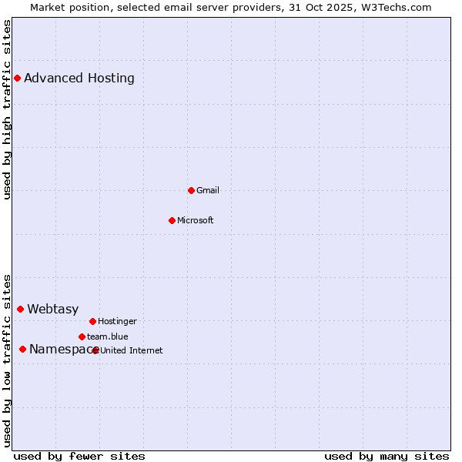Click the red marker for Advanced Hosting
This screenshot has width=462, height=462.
pyautogui.click(x=17, y=78)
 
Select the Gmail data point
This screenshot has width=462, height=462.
pyautogui.click(x=191, y=190)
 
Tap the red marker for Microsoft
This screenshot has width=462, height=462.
pyautogui.click(x=172, y=220)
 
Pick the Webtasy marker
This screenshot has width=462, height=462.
pyautogui.click(x=20, y=309)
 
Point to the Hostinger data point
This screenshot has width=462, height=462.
pyautogui.click(x=92, y=321)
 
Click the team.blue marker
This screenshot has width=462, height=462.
pyautogui.click(x=82, y=336)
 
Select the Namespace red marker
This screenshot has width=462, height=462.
pyautogui.click(x=22, y=349)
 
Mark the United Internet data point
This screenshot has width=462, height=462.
pyautogui.click(x=95, y=350)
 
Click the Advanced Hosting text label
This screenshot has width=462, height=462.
pyautogui.click(x=79, y=78)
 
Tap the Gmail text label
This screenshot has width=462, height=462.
pyautogui.click(x=208, y=190)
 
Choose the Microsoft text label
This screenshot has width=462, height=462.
pyautogui.click(x=196, y=220)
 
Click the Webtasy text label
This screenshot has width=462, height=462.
pyautogui.click(x=53, y=309)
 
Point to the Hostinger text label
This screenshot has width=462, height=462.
pyautogui.click(x=117, y=321)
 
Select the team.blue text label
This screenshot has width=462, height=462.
pyautogui.click(x=108, y=336)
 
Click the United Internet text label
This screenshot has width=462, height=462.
pyautogui.click(x=132, y=350)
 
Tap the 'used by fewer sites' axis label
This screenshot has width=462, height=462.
pyautogui.click(x=79, y=456)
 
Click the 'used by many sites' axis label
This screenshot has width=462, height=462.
pyautogui.click(x=387, y=456)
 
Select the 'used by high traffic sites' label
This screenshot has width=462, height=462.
pyautogui.click(x=7, y=109)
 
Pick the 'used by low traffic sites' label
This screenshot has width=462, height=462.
pyautogui.click(x=7, y=360)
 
